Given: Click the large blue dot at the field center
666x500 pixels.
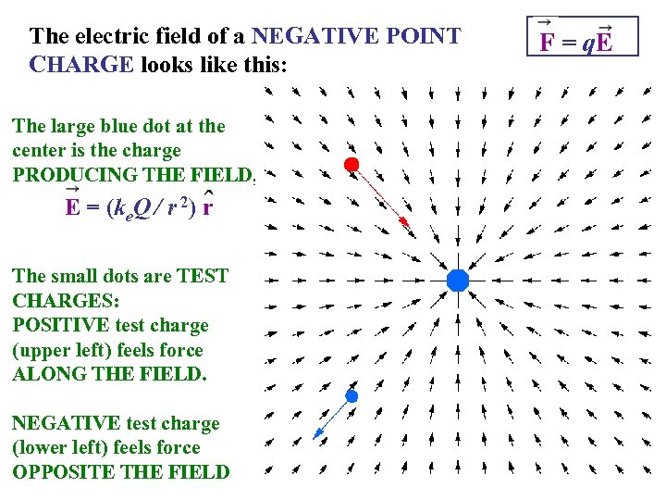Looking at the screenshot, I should point(458,279).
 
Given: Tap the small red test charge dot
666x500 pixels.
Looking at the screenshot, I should point(351,165).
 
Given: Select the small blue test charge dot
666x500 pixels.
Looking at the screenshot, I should point(351,395).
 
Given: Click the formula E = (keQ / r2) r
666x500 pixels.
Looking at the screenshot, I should point(139,206).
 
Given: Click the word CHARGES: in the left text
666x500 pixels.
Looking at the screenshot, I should point(59,301).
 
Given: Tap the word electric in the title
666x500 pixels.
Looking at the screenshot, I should point(100,37).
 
